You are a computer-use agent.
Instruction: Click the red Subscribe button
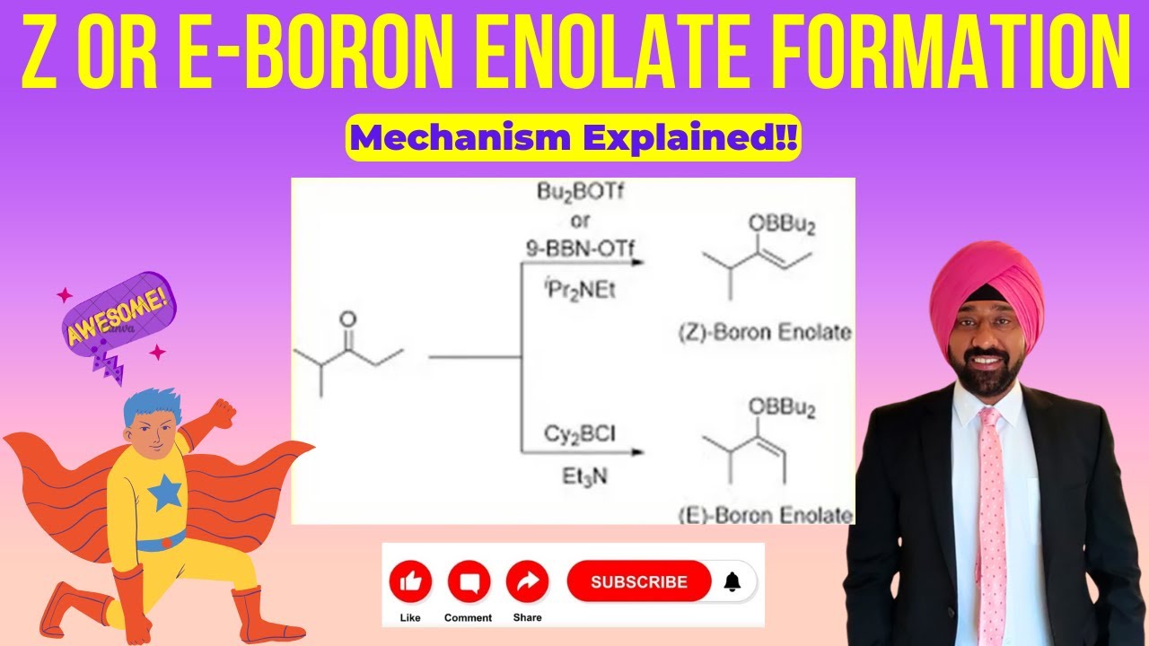(x=638, y=581)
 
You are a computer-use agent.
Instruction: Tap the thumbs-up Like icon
(x=410, y=582)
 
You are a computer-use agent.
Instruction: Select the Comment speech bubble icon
(x=468, y=582)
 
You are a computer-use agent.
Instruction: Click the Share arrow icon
(x=527, y=582)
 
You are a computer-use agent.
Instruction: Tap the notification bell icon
(x=732, y=581)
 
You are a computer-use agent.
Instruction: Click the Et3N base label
(x=584, y=477)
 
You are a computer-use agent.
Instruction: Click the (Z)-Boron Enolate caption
(x=764, y=333)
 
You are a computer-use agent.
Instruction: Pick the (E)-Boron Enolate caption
(x=764, y=514)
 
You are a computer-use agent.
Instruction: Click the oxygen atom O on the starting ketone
(x=349, y=319)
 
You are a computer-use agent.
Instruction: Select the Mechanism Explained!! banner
(x=573, y=139)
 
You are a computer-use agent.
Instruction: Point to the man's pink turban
(x=987, y=287)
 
